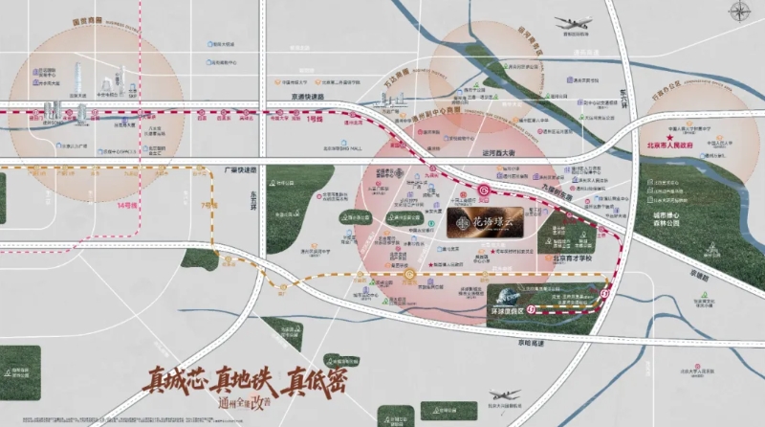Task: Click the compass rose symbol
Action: tap(740, 12)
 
